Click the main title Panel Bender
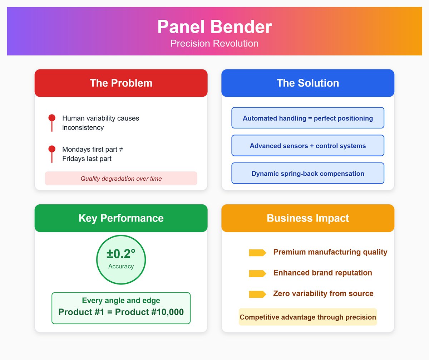214,27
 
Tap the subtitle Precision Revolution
214,43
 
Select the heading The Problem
121,83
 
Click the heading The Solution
308,83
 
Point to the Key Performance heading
121,218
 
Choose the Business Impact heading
308,218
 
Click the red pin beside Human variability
52,123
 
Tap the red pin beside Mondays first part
52,154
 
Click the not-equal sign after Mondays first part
121,149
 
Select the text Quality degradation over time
121,179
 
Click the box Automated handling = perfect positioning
308,118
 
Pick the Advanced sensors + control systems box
308,145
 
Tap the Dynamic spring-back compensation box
308,173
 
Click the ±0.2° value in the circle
121,254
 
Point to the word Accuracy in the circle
121,266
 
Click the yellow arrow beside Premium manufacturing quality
257,253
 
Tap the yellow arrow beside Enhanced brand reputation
257,273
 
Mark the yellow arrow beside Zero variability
257,294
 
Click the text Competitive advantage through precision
308,317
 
